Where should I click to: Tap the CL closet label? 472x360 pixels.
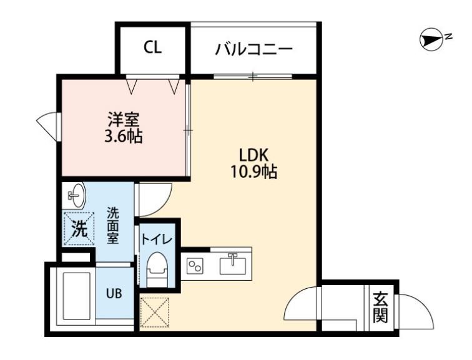[152, 49]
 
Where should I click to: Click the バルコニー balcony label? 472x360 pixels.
[253, 49]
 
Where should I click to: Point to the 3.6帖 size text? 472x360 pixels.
[123, 135]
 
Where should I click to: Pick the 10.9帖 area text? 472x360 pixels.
[253, 170]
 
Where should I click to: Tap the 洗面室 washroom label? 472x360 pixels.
[112, 225]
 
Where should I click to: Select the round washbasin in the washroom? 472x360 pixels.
[76, 197]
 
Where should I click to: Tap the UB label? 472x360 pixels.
[114, 293]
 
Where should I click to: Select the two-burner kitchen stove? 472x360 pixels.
[195, 265]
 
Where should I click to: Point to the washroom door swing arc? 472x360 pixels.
[152, 198]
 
